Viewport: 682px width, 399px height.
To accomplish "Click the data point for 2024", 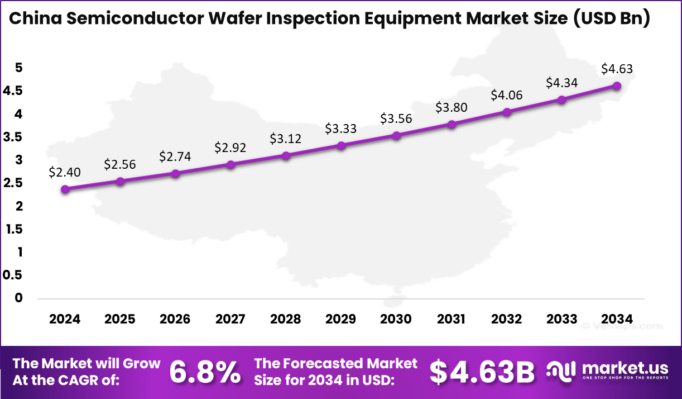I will pyautogui.click(x=65, y=189).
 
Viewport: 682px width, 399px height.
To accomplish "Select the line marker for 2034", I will pyautogui.click(x=617, y=85).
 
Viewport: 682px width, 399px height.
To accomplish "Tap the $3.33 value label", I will pyautogui.click(x=340, y=129).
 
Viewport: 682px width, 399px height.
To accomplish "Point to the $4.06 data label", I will pyautogui.click(x=506, y=95).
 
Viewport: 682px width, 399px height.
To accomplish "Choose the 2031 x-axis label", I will pyautogui.click(x=451, y=319).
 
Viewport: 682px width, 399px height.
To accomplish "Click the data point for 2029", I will pyautogui.click(x=341, y=145).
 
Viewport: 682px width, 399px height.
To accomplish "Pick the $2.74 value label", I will pyautogui.click(x=175, y=156).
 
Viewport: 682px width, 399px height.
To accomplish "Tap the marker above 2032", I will pyautogui.click(x=507, y=112).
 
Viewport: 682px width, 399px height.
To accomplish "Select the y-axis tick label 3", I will pyautogui.click(x=18, y=160).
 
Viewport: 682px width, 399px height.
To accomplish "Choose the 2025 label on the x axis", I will pyautogui.click(x=120, y=319).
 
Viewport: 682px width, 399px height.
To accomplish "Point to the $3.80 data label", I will pyautogui.click(x=451, y=107).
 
